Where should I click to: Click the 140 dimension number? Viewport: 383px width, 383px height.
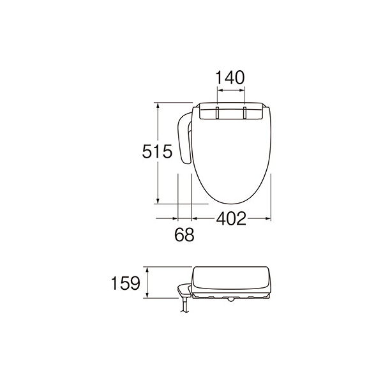click(230, 78)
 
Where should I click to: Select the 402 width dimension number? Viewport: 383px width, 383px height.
click(230, 219)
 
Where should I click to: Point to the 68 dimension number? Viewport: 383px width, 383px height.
click(183, 235)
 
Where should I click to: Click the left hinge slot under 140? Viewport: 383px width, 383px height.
click(218, 112)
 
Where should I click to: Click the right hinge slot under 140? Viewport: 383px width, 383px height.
click(244, 112)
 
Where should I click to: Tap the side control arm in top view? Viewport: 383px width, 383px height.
click(184, 137)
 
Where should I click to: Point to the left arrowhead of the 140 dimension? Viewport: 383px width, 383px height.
click(220, 91)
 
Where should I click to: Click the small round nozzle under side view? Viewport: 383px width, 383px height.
click(227, 299)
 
